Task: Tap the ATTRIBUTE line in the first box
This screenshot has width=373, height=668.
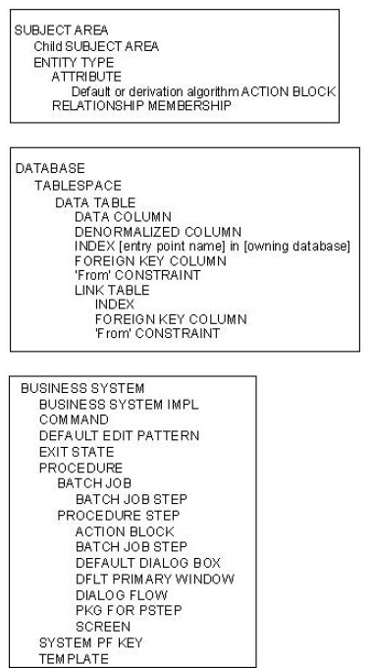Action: (x=86, y=76)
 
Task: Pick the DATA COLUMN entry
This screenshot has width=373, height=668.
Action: (x=122, y=217)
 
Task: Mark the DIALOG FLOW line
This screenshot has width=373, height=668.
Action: (x=121, y=595)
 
